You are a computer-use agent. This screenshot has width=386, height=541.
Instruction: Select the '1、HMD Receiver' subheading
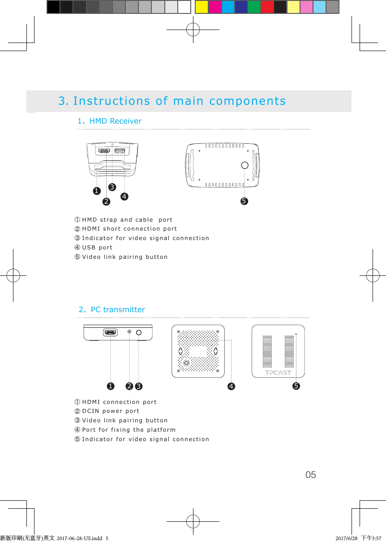pos(110,121)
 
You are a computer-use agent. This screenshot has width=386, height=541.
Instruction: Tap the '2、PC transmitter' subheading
pos(112,309)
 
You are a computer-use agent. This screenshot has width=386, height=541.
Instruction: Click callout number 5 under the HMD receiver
pos(244,201)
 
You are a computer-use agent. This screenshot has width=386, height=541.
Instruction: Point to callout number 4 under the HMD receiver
pos(124,196)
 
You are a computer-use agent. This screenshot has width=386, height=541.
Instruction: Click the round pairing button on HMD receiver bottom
pos(244,165)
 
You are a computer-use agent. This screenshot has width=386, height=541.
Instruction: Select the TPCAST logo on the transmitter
pos(278,373)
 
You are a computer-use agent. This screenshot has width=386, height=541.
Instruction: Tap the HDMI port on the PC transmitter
pos(110,332)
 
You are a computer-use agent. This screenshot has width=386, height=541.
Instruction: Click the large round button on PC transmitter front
pos(139,332)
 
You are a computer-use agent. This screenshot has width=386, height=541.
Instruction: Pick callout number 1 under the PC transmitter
pos(110,386)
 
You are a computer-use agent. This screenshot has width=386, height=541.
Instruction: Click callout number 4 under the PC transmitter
pos(231,386)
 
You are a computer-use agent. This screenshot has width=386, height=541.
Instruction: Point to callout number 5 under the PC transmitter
pos(296,386)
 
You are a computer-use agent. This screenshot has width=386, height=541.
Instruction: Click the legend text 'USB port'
pos(97,248)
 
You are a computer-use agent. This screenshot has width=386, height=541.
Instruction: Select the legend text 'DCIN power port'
pos(111,411)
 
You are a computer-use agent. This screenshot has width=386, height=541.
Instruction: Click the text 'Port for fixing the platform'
pos(129,430)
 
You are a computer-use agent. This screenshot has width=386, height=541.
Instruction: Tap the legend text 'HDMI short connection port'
pos(129,229)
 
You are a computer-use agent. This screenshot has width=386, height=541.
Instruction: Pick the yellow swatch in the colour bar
pos(202,7)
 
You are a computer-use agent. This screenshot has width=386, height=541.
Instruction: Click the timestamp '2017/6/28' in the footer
pos(346,538)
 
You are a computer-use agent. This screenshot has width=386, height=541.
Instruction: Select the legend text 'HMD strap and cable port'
pos(127,220)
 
